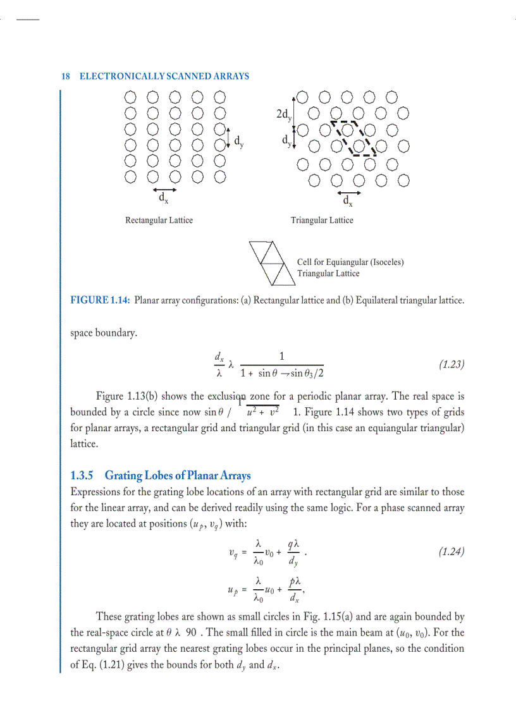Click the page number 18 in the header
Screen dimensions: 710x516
coord(65,77)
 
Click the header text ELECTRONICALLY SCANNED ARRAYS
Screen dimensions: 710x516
coord(164,77)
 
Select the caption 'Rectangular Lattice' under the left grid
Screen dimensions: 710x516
coord(159,220)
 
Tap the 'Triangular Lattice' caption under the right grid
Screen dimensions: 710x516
coord(322,220)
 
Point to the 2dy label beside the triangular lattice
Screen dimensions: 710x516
coord(284,115)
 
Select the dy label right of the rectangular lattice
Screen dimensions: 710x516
coord(238,142)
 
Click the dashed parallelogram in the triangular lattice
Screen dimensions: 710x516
coord(354,138)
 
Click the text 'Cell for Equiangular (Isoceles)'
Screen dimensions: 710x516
coord(350,262)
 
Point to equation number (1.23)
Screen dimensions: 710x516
coord(451,365)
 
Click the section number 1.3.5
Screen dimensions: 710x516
coord(82,475)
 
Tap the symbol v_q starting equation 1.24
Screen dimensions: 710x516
coord(233,553)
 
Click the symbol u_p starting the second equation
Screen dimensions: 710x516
coord(231,591)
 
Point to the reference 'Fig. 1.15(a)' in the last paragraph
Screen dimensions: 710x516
coord(340,616)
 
